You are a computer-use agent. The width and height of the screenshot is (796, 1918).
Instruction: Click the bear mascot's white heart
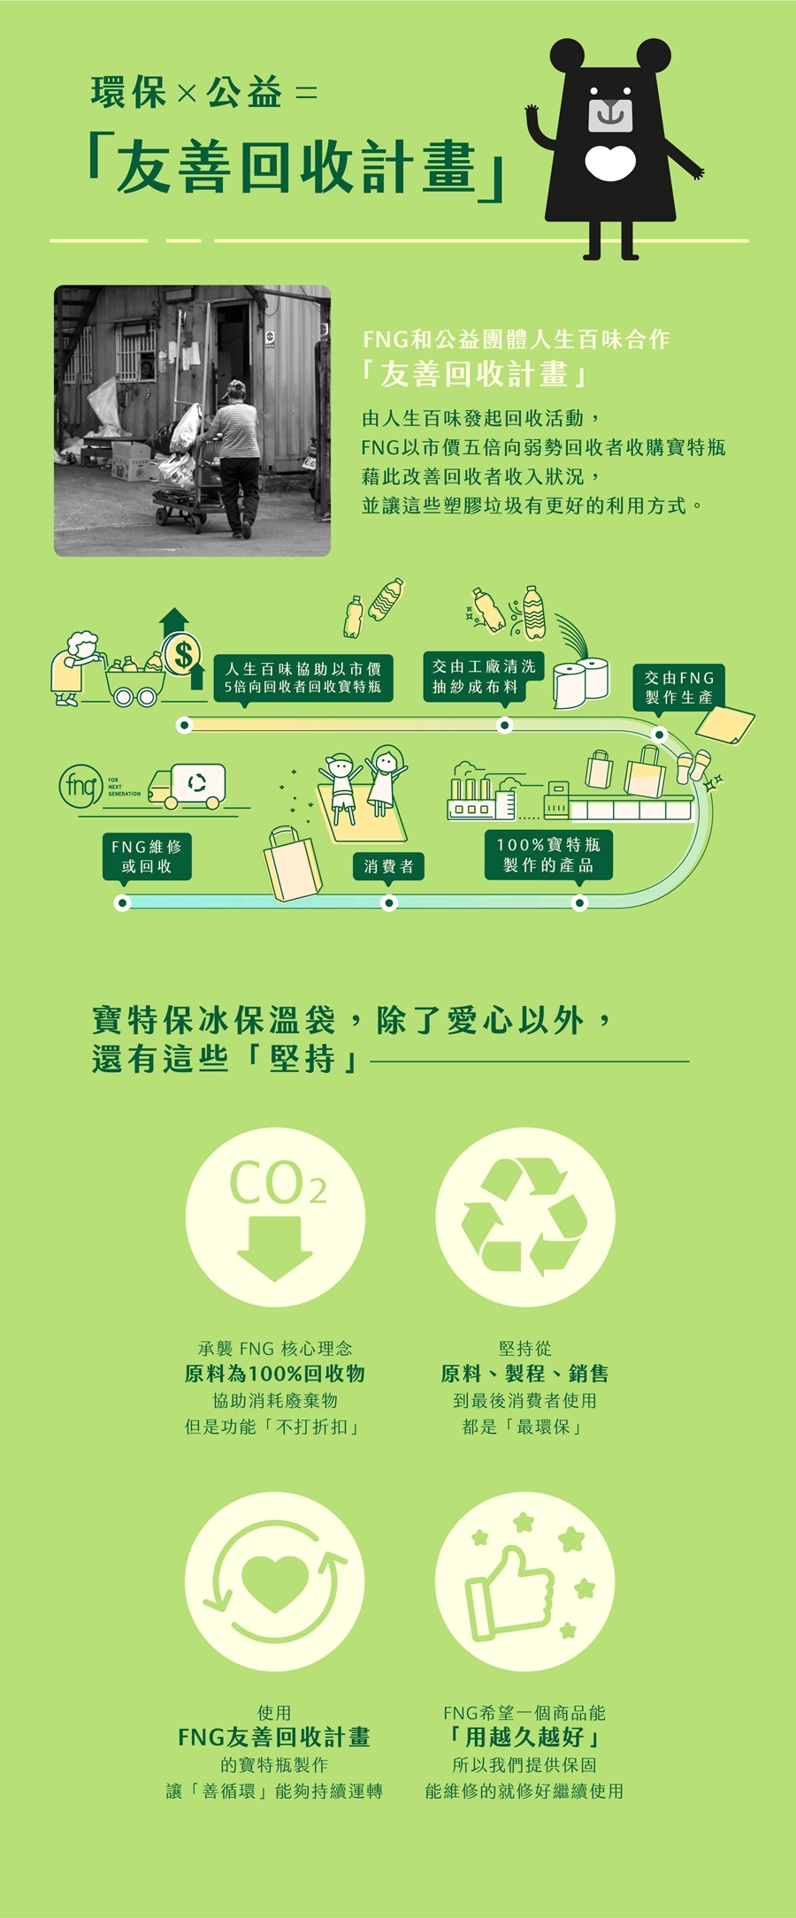610,163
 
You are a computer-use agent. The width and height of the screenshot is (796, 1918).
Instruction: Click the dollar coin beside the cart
182,655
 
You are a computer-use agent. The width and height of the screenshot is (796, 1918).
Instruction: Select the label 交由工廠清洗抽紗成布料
483,677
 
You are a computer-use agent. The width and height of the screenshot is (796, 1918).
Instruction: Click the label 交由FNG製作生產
678,687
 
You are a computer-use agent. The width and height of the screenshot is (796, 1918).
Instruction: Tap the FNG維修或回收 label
147,856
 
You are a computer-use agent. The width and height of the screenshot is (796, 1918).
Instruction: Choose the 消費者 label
388,866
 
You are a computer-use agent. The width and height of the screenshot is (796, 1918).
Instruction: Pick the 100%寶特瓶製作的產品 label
548,855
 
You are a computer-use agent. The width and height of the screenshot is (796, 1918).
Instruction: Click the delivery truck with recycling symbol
188,785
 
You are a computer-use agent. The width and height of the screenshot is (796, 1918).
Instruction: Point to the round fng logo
80,785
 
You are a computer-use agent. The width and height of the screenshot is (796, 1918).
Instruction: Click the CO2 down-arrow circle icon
275,1217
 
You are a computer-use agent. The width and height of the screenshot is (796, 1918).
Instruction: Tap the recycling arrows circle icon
524,1217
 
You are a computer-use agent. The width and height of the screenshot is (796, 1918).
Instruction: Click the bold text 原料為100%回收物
275,1374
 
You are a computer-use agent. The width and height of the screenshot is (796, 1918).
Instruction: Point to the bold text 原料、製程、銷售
524,1374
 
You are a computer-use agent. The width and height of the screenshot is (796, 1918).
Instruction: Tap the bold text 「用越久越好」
524,1738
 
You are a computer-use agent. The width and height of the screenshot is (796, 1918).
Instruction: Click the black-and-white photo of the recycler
192,421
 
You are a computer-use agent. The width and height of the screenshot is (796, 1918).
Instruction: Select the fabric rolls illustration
581,682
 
